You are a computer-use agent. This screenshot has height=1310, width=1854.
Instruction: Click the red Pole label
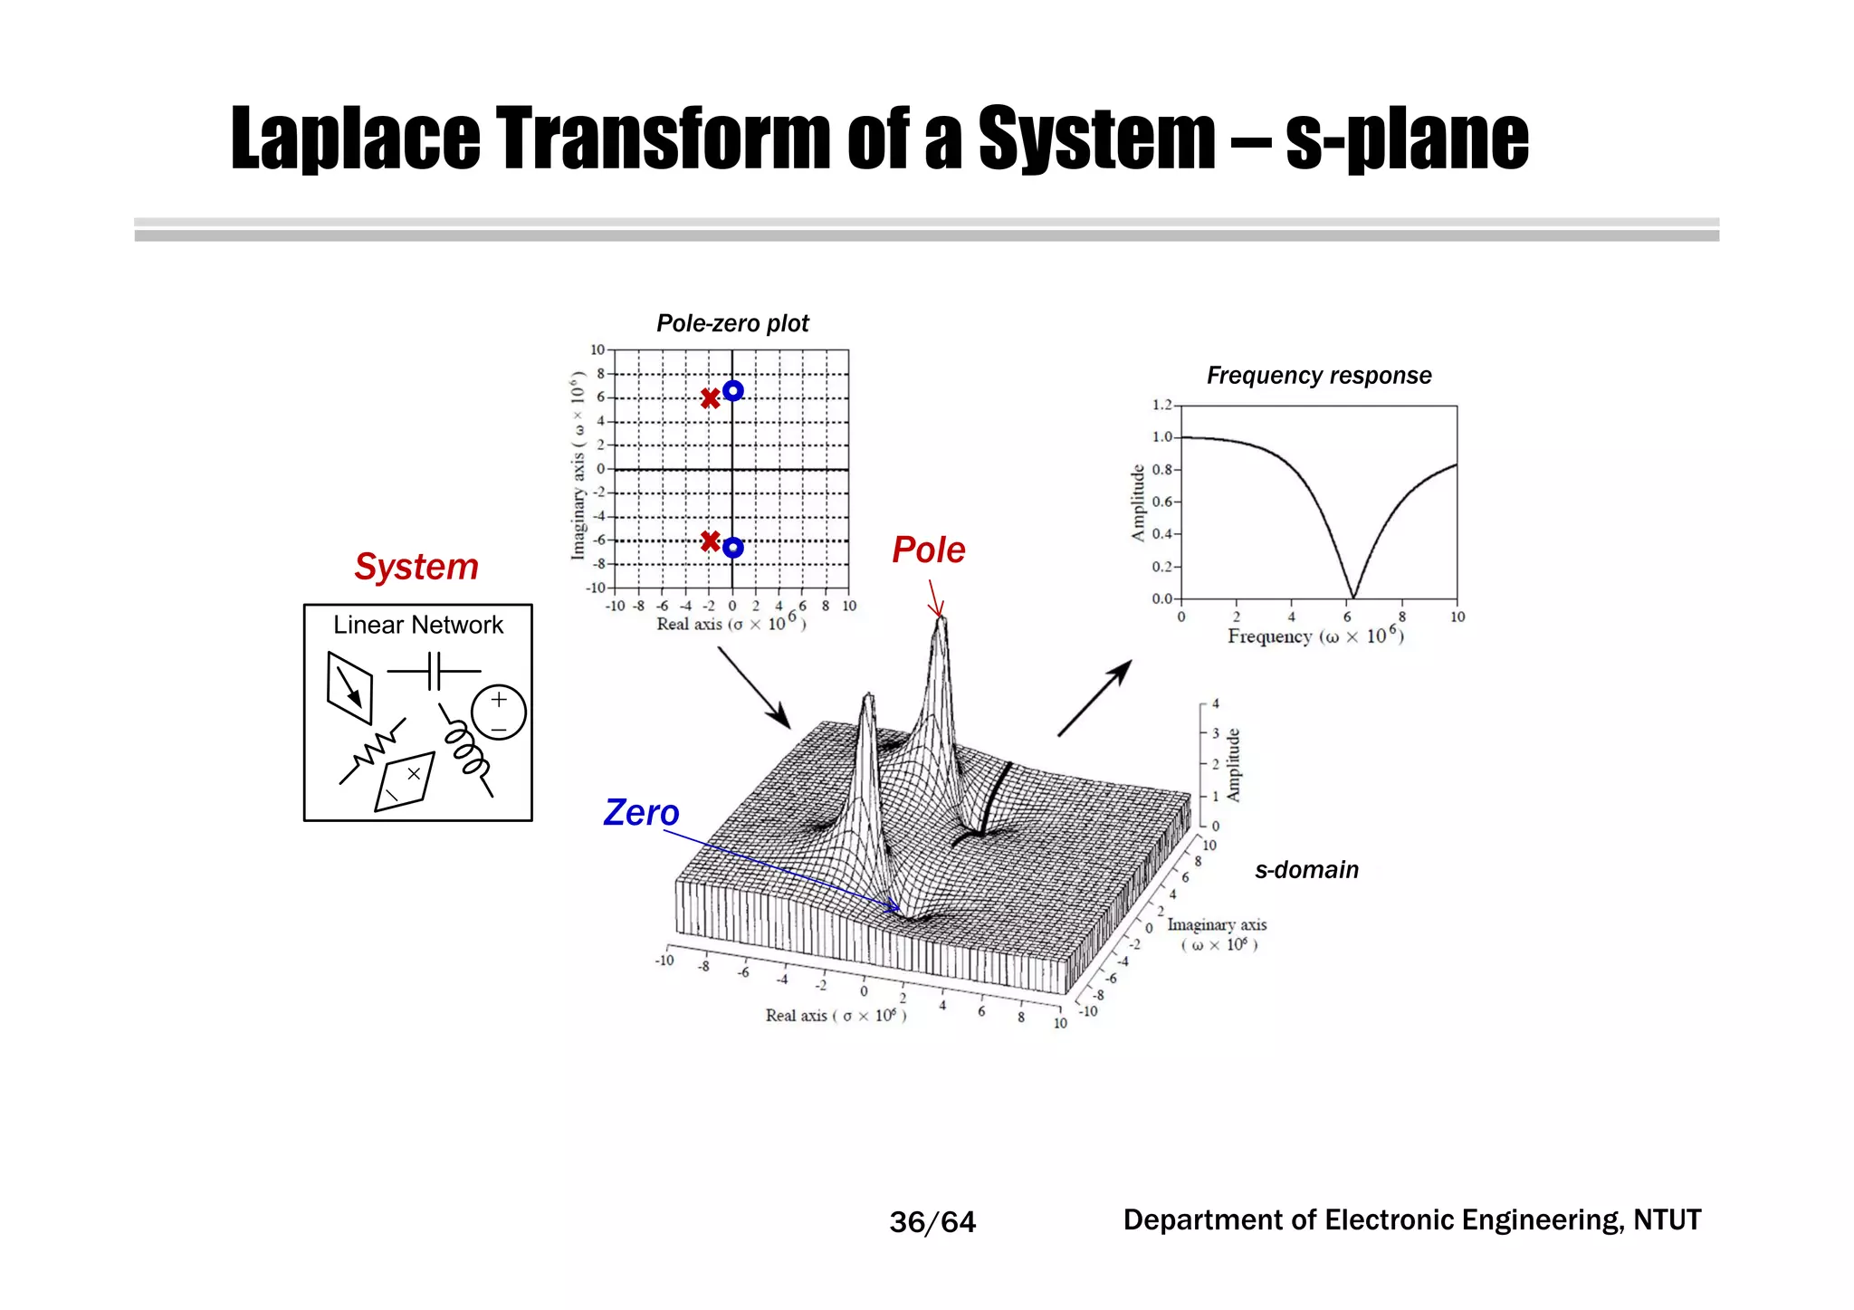(x=928, y=550)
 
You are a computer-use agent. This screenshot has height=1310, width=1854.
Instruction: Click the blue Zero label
(x=641, y=812)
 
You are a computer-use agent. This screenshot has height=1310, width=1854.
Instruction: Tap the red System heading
(x=416, y=567)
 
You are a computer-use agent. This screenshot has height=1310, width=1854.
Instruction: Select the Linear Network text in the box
(x=417, y=625)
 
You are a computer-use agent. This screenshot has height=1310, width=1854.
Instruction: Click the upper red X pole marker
(x=711, y=398)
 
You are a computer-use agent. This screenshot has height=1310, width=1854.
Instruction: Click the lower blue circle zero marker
(x=733, y=548)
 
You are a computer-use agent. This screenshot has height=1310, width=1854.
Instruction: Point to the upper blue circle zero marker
(x=733, y=390)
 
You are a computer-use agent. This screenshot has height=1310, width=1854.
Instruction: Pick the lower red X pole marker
(x=711, y=541)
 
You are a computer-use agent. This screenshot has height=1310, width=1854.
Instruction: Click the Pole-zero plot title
(x=732, y=323)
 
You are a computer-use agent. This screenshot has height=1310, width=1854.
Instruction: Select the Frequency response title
(x=1318, y=375)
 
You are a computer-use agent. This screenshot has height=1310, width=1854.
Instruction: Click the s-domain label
(x=1305, y=869)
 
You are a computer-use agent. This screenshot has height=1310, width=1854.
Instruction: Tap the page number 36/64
(x=932, y=1222)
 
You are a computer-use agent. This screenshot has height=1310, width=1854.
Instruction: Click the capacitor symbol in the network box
(x=434, y=672)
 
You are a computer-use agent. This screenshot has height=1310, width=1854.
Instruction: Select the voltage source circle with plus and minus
(x=499, y=712)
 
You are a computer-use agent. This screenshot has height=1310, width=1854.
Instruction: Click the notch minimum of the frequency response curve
(x=1352, y=597)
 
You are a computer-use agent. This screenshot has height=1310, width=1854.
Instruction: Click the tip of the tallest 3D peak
(x=941, y=619)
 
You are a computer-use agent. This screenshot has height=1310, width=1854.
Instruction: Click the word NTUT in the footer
(x=1667, y=1219)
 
